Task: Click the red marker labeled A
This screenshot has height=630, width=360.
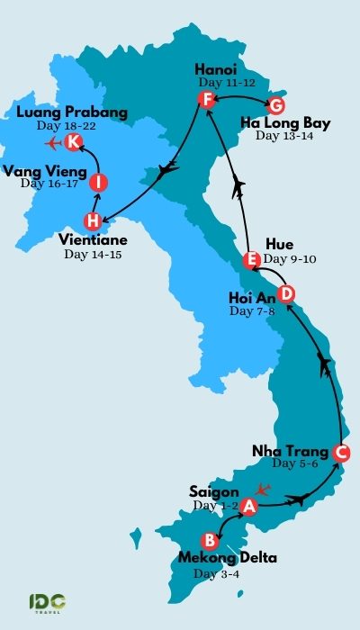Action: [249, 508]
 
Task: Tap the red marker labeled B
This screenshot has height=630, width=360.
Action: [210, 541]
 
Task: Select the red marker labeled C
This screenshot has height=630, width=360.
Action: [341, 453]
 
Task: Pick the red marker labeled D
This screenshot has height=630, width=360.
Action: [285, 293]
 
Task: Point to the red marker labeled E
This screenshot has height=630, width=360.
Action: [252, 261]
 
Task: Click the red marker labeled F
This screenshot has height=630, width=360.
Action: [207, 99]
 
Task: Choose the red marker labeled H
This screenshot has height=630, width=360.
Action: [92, 220]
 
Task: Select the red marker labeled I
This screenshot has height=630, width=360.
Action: [98, 183]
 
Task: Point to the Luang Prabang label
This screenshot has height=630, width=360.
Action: [72, 112]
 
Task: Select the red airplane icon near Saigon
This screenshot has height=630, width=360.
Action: [263, 490]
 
